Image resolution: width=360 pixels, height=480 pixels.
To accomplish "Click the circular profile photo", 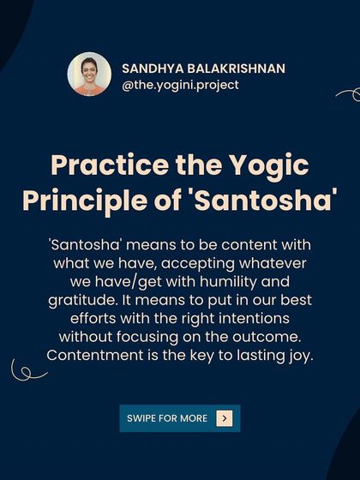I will tap(89, 75).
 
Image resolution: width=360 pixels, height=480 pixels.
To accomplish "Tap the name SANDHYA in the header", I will tap(150, 67).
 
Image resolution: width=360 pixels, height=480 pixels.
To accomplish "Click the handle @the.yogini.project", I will tap(180, 85).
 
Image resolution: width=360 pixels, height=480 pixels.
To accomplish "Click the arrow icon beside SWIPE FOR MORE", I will tap(225, 418).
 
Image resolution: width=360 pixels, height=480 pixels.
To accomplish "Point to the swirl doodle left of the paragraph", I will tap(28, 370).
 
